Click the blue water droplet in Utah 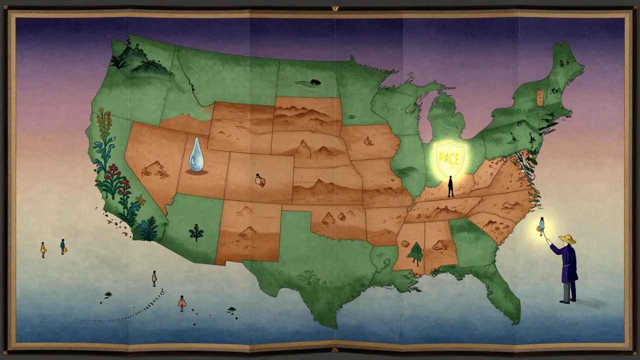coord(195,155)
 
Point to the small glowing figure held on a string coord(541,226)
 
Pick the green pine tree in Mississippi coord(415,253)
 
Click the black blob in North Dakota coord(315,81)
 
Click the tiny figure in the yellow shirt coord(43,249)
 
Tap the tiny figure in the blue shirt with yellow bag coord(63,246)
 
